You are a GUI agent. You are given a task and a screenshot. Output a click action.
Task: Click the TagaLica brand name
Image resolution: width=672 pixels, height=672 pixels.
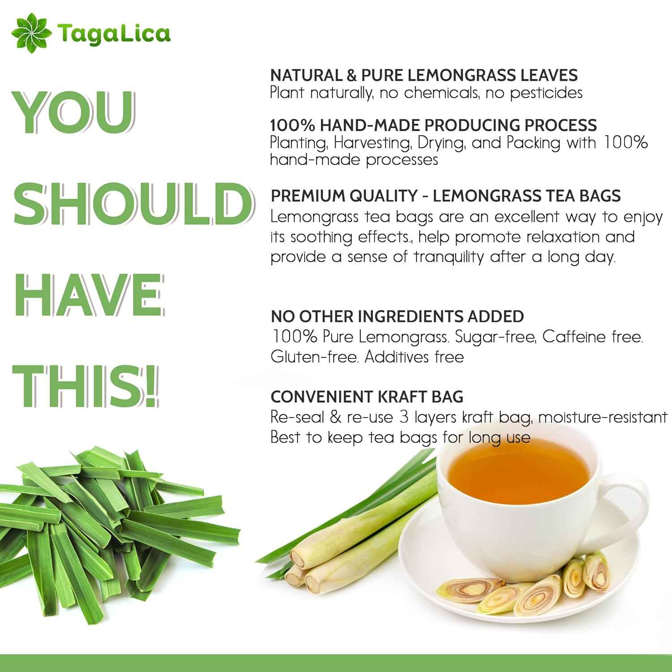click(114, 34)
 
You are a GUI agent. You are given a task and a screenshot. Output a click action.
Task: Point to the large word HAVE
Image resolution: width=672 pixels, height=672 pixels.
click(89, 296)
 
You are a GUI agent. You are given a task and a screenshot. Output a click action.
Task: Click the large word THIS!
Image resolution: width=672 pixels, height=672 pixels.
click(86, 385)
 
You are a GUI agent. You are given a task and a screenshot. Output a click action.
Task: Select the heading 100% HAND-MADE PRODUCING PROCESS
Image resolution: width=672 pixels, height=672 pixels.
click(434, 125)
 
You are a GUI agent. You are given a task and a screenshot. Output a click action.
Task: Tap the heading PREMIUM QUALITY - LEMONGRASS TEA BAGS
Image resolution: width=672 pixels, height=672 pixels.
click(446, 196)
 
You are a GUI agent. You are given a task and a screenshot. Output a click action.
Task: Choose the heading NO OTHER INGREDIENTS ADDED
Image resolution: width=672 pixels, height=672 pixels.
click(397, 316)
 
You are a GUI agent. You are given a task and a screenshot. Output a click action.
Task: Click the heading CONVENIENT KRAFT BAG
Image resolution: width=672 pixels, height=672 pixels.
click(367, 396)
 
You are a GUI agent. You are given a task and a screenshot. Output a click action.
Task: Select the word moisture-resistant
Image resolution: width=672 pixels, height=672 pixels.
click(603, 418)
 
